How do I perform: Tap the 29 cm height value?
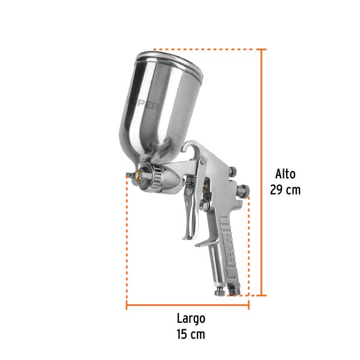pos(285,190)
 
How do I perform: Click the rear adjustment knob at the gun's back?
pos(243,192)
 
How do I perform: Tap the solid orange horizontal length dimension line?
pos(187,306)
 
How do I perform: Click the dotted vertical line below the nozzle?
pos(127,240)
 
